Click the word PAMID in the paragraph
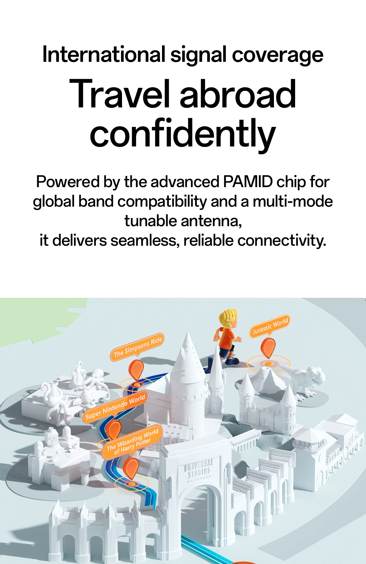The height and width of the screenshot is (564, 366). (x=248, y=182)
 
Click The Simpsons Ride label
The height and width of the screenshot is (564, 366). (x=137, y=347)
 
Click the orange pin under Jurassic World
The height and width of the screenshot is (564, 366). (x=268, y=348)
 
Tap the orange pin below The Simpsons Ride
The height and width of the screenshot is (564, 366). (x=137, y=370)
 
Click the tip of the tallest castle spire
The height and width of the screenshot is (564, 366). (x=188, y=332)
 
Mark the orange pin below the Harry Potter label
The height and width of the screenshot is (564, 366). (x=131, y=468)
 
